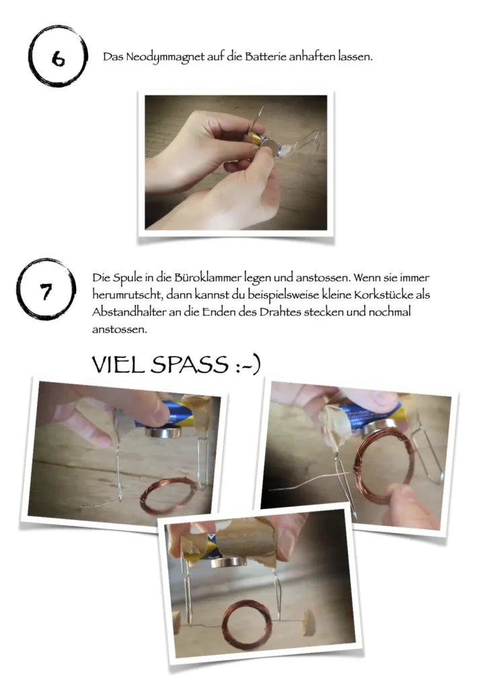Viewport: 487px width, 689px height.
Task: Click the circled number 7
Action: (46, 290)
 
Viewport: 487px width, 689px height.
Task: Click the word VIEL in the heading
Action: (118, 364)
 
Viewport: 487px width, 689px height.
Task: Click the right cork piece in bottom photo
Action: (309, 622)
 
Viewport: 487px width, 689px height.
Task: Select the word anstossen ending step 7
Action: (119, 330)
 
